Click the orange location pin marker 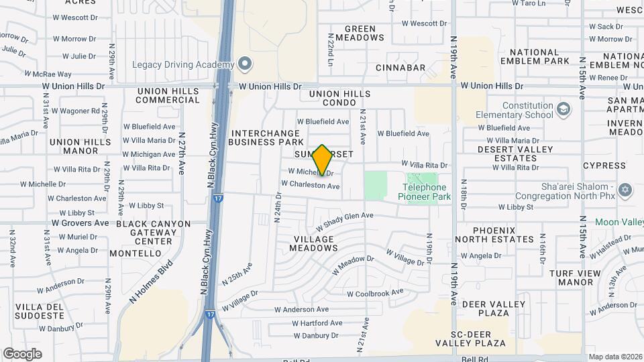(323, 160)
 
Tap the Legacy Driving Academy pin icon (245, 64)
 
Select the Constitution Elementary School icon (564, 109)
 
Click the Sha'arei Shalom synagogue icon (626, 189)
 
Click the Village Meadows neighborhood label (312, 243)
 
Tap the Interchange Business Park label (266, 137)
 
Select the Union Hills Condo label (339, 98)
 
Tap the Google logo (22, 353)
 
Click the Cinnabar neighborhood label (400, 68)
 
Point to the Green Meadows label (364, 34)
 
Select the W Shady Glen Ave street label (349, 217)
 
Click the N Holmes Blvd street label (147, 279)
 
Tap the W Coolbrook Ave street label (375, 293)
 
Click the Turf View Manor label (571, 278)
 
